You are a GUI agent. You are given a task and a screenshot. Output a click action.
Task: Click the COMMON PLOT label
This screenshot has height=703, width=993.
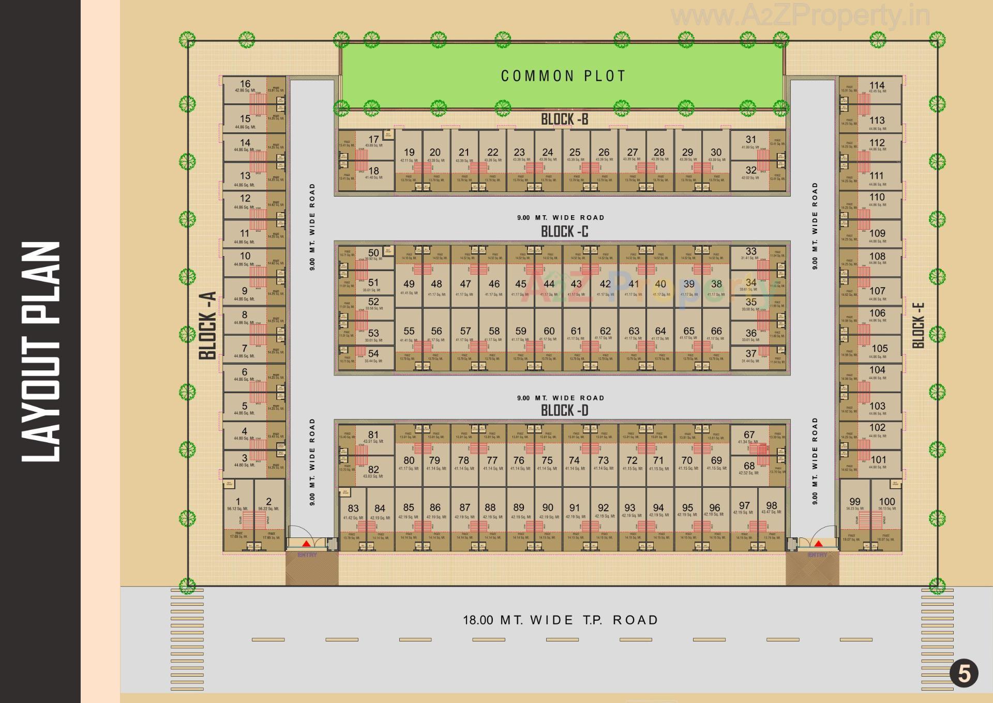pos(563,76)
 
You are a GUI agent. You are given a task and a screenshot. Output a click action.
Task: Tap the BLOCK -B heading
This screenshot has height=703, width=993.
pos(564,119)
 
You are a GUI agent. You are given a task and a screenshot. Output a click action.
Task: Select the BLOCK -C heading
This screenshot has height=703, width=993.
pos(564,231)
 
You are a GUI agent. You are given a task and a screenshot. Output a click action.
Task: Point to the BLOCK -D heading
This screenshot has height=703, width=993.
pos(564,411)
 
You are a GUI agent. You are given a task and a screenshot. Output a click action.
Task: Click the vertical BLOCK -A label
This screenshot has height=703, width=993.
pos(207,325)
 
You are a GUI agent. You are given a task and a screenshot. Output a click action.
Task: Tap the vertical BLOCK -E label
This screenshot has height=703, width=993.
pos(918,325)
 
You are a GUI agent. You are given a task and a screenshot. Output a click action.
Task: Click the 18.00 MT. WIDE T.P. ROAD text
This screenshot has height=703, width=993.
pos(560,620)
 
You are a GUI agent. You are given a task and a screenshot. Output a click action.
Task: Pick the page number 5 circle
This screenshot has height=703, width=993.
pos(964,674)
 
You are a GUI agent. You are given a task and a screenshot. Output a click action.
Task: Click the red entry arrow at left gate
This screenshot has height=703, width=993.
pos(306,543)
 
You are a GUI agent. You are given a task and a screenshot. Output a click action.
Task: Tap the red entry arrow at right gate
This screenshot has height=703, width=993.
pos(818,543)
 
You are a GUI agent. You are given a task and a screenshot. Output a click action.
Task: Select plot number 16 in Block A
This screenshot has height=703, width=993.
pos(245,84)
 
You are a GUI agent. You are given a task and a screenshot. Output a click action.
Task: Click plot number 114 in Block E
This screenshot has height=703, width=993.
pos(877,85)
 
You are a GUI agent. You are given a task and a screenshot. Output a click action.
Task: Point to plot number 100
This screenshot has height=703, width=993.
pos(886,501)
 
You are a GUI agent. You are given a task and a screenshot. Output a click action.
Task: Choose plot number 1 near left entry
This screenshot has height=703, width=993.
pos(238,501)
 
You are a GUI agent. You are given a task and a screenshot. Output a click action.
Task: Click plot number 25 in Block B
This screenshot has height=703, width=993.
pos(575,152)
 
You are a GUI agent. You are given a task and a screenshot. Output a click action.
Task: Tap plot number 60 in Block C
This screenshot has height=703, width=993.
pos(549,331)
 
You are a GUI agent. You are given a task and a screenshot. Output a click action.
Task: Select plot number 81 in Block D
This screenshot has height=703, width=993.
pos(373,435)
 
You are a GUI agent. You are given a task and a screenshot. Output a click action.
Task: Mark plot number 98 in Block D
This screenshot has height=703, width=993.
pos(771,505)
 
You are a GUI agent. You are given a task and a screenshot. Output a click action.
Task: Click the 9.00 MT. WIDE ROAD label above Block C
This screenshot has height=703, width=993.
pos(561,218)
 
